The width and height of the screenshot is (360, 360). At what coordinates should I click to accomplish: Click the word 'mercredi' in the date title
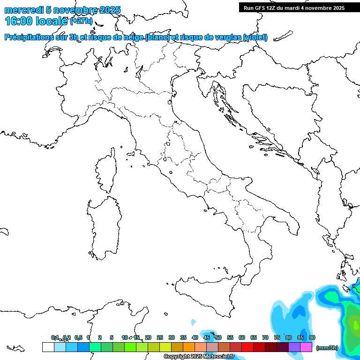click(23, 10)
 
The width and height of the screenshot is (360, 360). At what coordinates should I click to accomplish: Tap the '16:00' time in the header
click(19, 21)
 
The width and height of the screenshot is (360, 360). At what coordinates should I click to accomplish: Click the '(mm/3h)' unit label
click(327, 348)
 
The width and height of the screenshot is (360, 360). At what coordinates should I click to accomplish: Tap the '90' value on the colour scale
click(312, 337)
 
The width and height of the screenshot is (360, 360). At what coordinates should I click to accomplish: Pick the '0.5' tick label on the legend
click(78, 337)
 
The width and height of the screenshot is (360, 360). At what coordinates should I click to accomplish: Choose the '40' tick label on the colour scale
click(195, 337)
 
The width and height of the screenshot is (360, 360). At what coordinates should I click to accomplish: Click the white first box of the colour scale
click(48, 347)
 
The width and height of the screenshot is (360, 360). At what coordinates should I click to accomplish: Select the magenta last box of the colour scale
click(306, 347)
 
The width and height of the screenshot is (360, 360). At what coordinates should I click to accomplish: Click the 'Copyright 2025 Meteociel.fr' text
click(199, 357)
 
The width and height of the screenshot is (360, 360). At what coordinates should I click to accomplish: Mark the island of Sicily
click(211, 295)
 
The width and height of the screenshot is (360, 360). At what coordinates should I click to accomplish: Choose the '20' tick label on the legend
click(148, 337)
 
